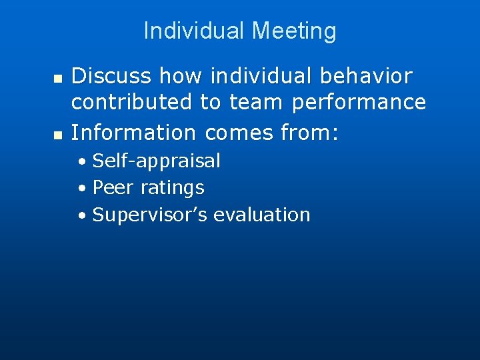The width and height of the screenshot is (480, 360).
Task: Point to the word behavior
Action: tap(367, 76)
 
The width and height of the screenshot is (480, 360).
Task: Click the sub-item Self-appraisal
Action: tap(156, 161)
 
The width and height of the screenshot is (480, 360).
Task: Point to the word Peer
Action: tap(113, 188)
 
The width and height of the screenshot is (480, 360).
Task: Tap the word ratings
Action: tap(172, 189)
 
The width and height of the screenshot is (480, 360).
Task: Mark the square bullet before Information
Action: tap(57, 135)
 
